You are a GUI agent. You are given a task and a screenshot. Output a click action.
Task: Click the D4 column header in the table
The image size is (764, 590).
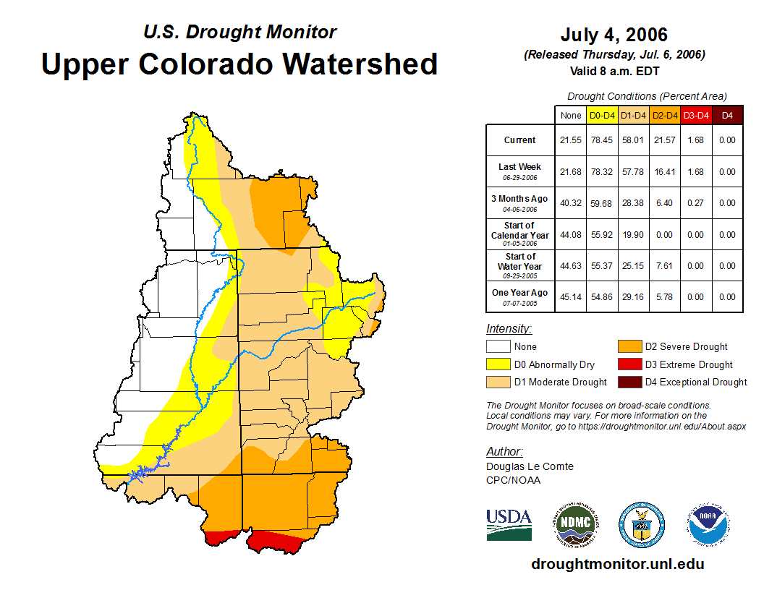[727, 115]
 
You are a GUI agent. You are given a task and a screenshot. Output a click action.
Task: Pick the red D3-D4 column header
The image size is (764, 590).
[696, 115]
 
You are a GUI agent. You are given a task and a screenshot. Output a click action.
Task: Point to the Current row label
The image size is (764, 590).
[520, 140]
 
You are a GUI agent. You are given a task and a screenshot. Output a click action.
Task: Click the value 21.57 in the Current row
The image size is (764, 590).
[665, 140]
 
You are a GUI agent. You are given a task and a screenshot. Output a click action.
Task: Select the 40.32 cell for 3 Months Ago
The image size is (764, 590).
[571, 203]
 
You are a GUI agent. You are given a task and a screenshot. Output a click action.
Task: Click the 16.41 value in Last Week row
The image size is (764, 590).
[665, 172]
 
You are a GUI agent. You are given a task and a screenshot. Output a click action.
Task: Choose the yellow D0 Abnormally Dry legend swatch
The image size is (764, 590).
[498, 364]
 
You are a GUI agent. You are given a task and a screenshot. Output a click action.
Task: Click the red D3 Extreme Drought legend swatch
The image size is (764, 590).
[629, 364]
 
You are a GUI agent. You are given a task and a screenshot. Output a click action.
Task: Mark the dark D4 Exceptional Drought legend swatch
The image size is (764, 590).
[629, 382]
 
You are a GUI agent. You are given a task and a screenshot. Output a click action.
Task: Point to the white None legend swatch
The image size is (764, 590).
[498, 347]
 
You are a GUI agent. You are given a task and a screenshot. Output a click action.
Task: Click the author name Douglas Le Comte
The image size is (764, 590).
[530, 466]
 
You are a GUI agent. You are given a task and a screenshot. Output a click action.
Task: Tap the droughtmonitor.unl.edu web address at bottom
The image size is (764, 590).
[617, 564]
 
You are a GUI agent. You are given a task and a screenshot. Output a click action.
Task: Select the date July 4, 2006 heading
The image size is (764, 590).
[614, 35]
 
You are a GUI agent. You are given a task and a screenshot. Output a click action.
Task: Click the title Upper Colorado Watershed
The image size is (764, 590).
[239, 64]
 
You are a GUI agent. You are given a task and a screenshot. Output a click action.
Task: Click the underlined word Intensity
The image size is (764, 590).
[509, 329]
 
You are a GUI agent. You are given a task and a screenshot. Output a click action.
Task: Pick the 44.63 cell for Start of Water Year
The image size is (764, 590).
[571, 266]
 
